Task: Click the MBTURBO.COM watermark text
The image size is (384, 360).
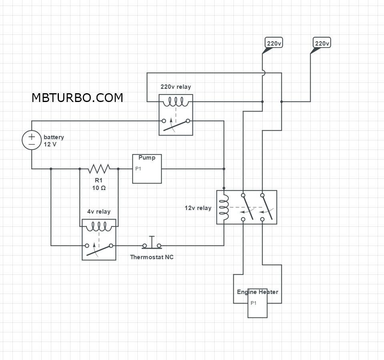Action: pyautogui.click(x=77, y=98)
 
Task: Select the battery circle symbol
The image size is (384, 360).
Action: pyautogui.click(x=31, y=140)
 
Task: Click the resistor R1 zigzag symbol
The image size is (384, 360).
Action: pyautogui.click(x=99, y=168)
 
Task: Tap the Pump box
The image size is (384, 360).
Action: pyautogui.click(x=147, y=169)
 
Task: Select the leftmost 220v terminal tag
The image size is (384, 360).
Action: pyautogui.click(x=274, y=43)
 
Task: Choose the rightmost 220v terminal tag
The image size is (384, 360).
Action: pyautogui.click(x=322, y=43)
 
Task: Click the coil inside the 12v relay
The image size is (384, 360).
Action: pyautogui.click(x=224, y=208)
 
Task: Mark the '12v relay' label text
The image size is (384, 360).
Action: pyautogui.click(x=198, y=208)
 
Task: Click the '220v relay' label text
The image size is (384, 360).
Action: pyautogui.click(x=176, y=87)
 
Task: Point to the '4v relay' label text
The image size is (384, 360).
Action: pyautogui.click(x=99, y=212)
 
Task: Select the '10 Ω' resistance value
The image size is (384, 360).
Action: pyautogui.click(x=99, y=188)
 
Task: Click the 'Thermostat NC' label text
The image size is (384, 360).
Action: pyautogui.click(x=152, y=257)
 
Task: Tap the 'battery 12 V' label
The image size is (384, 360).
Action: pyautogui.click(x=53, y=140)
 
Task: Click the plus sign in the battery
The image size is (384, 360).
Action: pyautogui.click(x=31, y=136)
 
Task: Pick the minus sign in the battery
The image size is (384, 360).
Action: pyautogui.click(x=31, y=144)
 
